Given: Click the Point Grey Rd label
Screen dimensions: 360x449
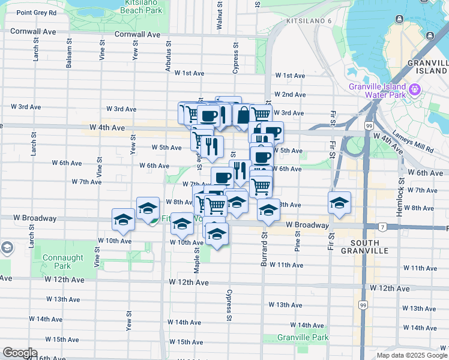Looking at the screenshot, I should (37, 13).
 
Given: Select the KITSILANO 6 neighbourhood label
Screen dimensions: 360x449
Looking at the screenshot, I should (309, 21).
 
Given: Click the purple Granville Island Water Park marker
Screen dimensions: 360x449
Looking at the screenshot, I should (414, 91).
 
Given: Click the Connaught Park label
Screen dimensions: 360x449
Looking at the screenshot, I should (63, 262).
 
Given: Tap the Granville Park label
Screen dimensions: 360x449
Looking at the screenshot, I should (303, 338).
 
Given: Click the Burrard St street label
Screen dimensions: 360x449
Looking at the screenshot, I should (263, 245).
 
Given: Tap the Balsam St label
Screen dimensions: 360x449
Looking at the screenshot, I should (70, 54).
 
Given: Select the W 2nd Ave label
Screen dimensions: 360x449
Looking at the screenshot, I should (290, 95).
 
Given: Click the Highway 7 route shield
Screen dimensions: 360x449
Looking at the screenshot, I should (382, 227).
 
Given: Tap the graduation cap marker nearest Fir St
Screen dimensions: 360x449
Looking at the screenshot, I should (339, 202).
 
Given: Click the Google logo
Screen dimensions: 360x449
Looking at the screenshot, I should (20, 353).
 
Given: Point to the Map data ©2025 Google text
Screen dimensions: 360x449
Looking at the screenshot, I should (411, 355).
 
